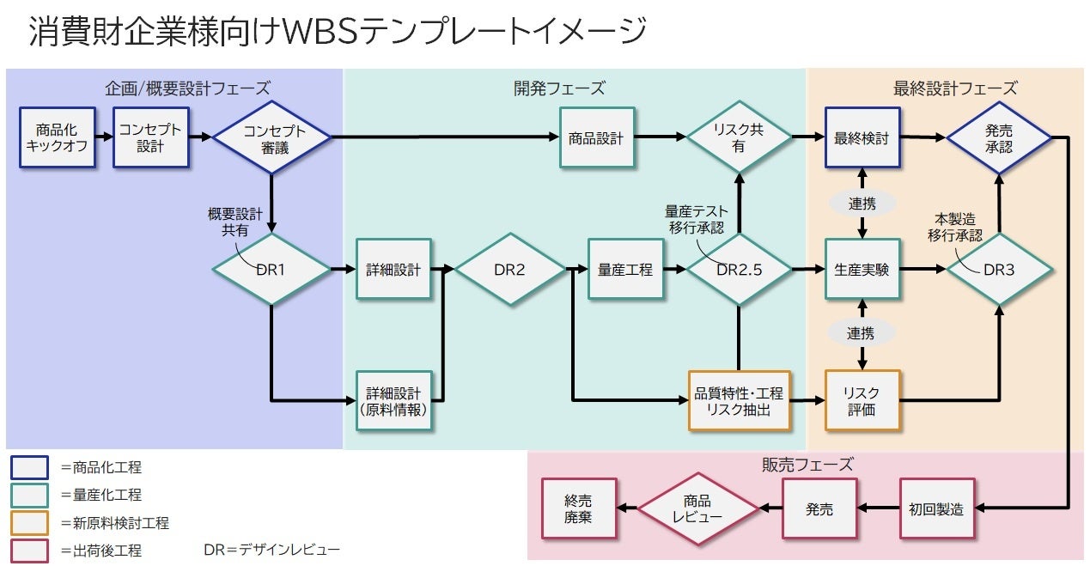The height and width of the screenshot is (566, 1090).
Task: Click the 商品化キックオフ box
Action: click(56, 137)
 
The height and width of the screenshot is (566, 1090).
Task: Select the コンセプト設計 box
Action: click(150, 137)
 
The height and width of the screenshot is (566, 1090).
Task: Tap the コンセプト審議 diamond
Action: click(271, 137)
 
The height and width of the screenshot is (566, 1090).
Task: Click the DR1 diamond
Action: click(271, 270)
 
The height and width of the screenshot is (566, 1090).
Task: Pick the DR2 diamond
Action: click(509, 270)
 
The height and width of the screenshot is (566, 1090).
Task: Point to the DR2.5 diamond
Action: click(739, 270)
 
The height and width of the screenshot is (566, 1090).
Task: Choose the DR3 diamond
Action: click(999, 270)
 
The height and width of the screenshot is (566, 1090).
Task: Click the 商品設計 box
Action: click(596, 137)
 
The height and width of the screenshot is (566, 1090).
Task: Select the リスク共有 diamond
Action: click(739, 137)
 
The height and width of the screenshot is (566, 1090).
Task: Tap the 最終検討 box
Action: click(862, 137)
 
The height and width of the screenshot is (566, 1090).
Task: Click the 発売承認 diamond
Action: click(999, 137)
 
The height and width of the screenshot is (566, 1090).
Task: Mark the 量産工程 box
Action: click(625, 270)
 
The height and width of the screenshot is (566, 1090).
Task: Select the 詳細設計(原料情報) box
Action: click(394, 400)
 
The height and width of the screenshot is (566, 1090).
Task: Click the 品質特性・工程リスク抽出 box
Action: click(739, 400)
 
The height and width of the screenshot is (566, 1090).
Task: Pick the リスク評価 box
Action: click(862, 400)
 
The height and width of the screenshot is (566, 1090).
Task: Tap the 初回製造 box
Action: click(936, 509)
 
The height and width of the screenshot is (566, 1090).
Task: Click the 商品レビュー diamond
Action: click(697, 509)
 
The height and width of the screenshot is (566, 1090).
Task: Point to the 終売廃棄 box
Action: click(578, 509)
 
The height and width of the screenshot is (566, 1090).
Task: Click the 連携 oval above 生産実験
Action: click(862, 204)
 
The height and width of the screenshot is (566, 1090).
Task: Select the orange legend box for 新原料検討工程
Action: click(29, 522)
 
